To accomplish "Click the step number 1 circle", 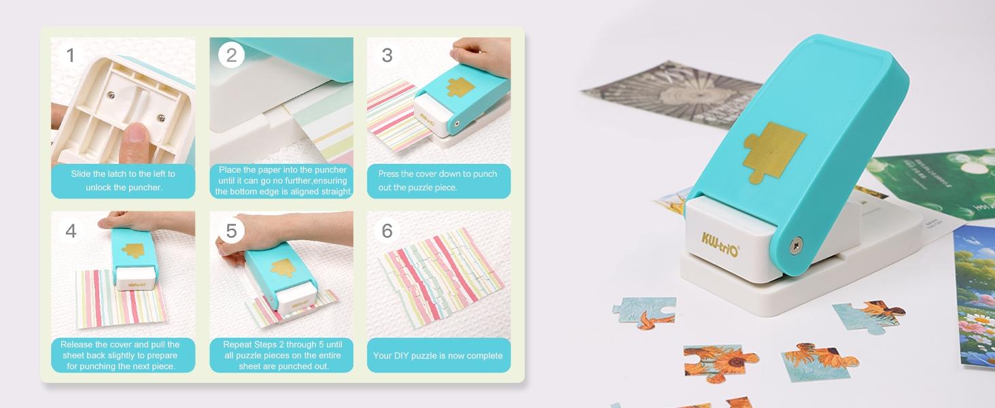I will click(x=71, y=55).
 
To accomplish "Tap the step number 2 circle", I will click(x=231, y=55).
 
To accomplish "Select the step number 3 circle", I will click(x=387, y=55).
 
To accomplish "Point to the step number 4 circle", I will click(x=71, y=231).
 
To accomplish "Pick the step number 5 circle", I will click(x=231, y=231).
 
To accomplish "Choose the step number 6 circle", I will click(x=387, y=231).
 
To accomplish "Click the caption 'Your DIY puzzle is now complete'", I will click(x=438, y=356).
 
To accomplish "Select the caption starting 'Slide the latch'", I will click(x=123, y=180).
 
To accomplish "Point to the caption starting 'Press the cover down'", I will click(x=438, y=180).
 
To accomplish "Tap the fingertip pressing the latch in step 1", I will click(x=136, y=133).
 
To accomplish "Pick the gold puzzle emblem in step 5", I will click(x=281, y=267).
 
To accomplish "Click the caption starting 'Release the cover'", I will click(x=123, y=355).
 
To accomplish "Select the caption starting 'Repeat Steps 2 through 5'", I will click(x=281, y=355).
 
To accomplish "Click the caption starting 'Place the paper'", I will click(x=281, y=180).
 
